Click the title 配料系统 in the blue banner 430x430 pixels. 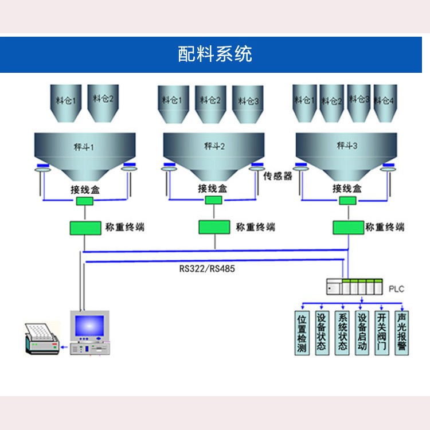(x=214, y=54)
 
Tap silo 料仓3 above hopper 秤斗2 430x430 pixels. (x=247, y=103)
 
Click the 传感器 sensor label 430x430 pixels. (x=278, y=176)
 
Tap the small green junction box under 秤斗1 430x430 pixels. (x=85, y=201)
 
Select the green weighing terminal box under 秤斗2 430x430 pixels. (x=214, y=227)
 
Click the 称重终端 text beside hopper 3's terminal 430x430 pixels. (x=385, y=227)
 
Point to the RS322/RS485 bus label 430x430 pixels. (x=207, y=268)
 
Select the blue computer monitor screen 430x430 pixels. (x=91, y=326)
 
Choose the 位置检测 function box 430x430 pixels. (x=302, y=333)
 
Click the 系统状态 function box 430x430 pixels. (x=342, y=333)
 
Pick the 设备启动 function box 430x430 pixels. (x=362, y=333)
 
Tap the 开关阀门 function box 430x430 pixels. (x=382, y=333)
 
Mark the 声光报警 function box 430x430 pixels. (x=402, y=333)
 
